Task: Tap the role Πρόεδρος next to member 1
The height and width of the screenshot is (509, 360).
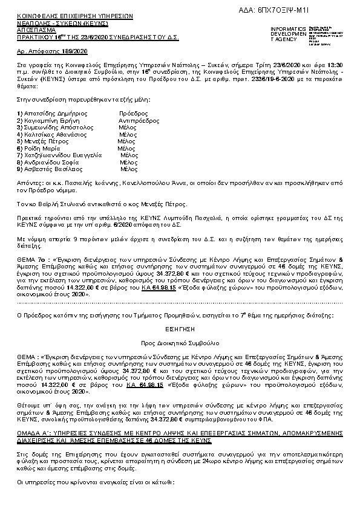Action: point(134,113)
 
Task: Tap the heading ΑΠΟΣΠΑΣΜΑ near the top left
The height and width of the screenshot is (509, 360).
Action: point(36,29)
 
